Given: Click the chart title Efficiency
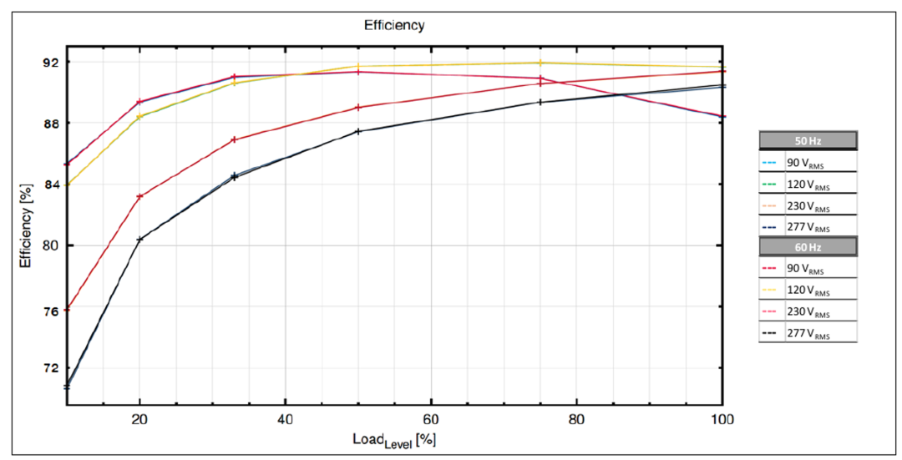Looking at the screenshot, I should (x=393, y=25).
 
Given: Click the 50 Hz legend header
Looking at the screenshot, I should (x=808, y=140).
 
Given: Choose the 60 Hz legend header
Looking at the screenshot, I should (x=808, y=246).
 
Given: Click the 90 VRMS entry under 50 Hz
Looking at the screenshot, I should (x=811, y=163).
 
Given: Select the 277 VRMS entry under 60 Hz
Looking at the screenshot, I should (x=811, y=333).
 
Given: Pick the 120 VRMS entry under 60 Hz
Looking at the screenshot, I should (x=811, y=291).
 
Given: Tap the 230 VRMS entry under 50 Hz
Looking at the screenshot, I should (x=811, y=205).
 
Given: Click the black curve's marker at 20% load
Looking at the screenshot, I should (x=139, y=240).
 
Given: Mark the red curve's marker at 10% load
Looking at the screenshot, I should (x=67, y=310).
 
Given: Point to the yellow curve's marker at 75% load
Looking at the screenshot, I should (x=540, y=63).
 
